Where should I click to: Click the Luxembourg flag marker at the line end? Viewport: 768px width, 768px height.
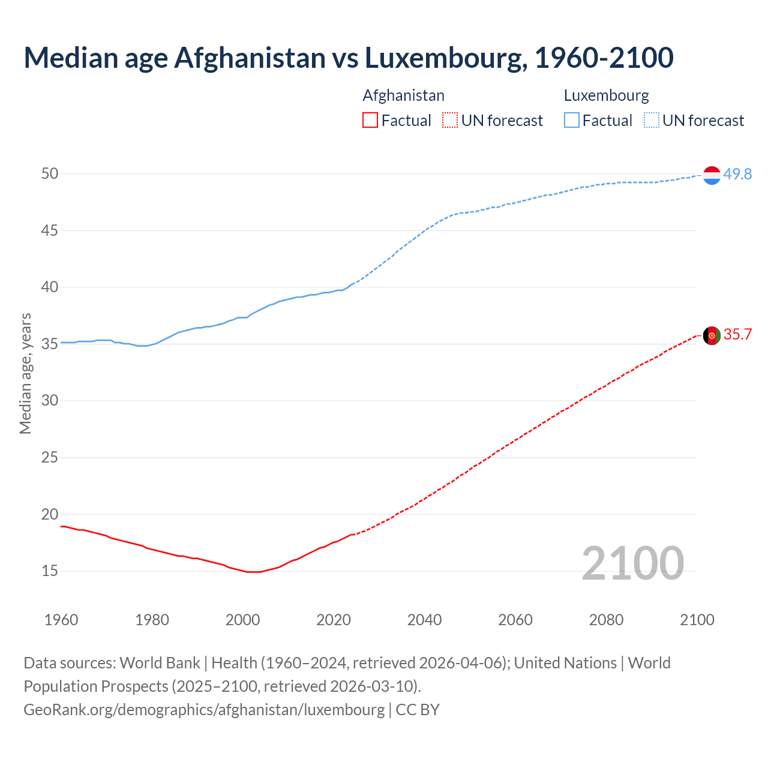coord(712,175)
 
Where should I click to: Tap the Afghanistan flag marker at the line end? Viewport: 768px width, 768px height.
coord(712,335)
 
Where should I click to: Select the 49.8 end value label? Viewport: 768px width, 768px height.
coord(737,174)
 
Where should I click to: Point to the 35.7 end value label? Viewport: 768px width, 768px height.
coord(737,334)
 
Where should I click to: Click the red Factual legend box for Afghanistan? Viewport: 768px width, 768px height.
coord(370,121)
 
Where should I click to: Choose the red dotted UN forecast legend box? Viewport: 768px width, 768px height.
coord(450,121)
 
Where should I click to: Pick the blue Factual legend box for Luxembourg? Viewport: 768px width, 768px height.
coord(571,121)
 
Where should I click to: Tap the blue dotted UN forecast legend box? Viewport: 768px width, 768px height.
coord(651,121)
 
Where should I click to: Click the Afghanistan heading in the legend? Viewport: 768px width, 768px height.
coord(403,95)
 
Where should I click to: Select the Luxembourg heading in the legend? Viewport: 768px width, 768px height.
coord(606,95)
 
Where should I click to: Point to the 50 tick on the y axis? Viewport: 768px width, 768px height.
coord(50,173)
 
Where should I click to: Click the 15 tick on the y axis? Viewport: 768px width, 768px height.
coord(50,571)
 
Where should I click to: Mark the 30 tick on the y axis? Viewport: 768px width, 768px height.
coord(50,400)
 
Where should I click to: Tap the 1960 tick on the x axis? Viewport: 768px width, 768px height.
coord(61,620)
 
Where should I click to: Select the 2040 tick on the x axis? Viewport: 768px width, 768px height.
coord(424,620)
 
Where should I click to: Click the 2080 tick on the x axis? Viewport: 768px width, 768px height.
coord(606,620)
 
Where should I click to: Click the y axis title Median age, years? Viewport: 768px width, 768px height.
coord(25,373)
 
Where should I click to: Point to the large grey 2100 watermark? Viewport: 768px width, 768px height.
coord(632,563)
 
